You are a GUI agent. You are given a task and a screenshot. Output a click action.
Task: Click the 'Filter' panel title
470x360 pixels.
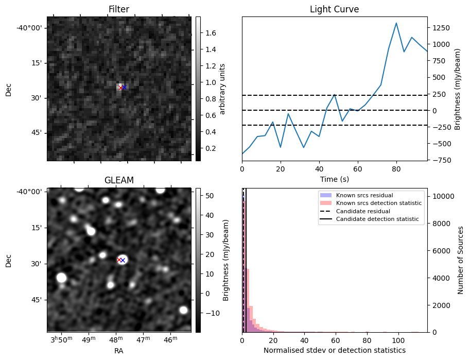[118, 9]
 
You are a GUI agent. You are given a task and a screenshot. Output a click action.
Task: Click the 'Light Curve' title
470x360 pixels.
[334, 9]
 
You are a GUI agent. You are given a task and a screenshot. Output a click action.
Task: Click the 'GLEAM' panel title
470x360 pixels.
[118, 180]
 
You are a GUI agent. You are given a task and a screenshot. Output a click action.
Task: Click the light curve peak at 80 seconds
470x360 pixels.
[396, 23]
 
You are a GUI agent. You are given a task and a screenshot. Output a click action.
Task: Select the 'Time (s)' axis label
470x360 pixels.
[334, 179]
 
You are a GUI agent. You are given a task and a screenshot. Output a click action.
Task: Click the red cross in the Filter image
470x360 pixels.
[120, 88]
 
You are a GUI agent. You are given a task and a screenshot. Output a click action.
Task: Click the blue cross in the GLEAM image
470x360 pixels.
[123, 260]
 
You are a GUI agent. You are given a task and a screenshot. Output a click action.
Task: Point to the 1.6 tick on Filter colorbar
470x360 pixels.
[211, 33]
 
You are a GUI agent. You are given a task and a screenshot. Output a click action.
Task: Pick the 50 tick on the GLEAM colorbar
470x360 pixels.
[209, 196]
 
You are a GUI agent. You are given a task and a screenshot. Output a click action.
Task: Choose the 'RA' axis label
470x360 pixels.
[118, 351]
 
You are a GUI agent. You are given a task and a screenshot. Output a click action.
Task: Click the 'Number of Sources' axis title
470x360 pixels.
[461, 260]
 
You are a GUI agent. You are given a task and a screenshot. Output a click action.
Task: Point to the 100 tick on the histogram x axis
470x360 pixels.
[398, 340]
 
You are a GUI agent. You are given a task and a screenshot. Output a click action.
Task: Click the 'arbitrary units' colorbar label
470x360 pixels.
[222, 89]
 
